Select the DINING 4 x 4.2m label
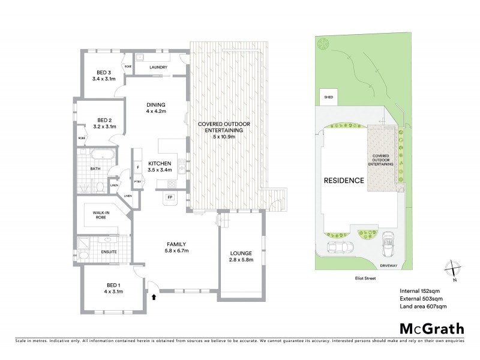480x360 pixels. [x=155, y=108]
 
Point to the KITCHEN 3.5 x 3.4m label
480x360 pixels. [x=160, y=166]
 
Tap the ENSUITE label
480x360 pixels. [x=108, y=253]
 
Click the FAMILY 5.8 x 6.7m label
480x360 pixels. [x=177, y=247]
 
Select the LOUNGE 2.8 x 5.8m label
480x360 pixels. [x=240, y=256]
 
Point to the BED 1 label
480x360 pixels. [x=112, y=289]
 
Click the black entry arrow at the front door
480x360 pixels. [x=154, y=296]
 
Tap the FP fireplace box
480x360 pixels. [x=169, y=197]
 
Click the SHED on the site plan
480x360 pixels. [x=328, y=96]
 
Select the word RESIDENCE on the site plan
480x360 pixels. [x=344, y=181]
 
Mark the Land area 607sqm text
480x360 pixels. [x=423, y=307]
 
